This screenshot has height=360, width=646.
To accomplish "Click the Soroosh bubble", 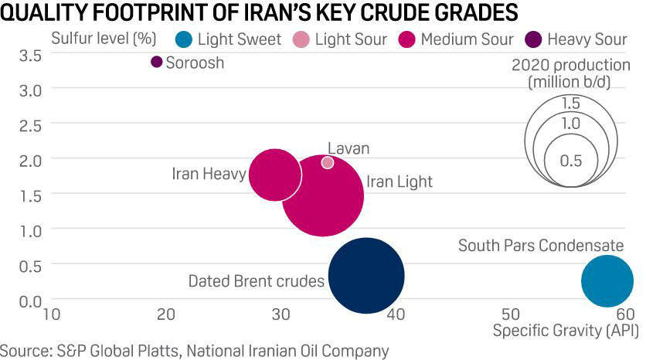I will click(157, 62).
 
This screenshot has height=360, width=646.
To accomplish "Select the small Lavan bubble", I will click(328, 162).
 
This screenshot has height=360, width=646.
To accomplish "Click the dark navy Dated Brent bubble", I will click(366, 276).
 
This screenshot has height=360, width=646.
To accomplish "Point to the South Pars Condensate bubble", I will click(607, 281).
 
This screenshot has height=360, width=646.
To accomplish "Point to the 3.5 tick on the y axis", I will click(31, 55).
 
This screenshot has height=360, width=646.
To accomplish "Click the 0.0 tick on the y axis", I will click(31, 300).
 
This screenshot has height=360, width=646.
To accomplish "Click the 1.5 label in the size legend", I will click(570, 104).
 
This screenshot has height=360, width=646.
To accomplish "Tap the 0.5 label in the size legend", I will click(570, 161).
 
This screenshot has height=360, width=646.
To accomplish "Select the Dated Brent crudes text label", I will click(256, 281).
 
